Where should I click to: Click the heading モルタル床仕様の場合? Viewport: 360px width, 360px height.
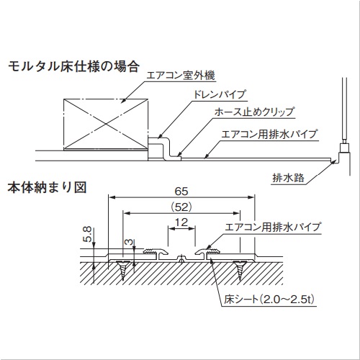(x=73, y=66)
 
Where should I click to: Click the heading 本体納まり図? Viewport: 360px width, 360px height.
(x=47, y=187)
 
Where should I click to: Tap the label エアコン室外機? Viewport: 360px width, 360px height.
(x=181, y=76)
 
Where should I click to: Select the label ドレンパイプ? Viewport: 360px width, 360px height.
(x=220, y=94)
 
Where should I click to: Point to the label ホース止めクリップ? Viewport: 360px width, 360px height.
(x=254, y=112)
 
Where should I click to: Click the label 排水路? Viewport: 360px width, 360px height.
(x=288, y=178)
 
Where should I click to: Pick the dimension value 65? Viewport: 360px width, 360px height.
(x=181, y=192)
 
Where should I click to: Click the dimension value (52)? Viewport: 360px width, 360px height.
(x=181, y=207)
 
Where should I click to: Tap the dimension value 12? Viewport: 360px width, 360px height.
(x=181, y=222)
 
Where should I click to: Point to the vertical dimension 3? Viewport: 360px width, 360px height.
(x=129, y=243)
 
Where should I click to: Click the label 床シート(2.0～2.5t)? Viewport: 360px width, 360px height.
(x=269, y=299)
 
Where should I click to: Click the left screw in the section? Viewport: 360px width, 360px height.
(x=123, y=269)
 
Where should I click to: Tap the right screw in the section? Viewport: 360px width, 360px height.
(x=240, y=269)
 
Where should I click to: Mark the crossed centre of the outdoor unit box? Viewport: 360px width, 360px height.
(x=106, y=124)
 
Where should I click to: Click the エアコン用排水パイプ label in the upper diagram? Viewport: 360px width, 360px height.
(x=269, y=134)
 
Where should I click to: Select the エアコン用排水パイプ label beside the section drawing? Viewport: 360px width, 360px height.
(x=273, y=227)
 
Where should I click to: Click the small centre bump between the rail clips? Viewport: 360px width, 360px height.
(x=181, y=258)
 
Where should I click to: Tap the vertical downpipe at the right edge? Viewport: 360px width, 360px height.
(x=344, y=110)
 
